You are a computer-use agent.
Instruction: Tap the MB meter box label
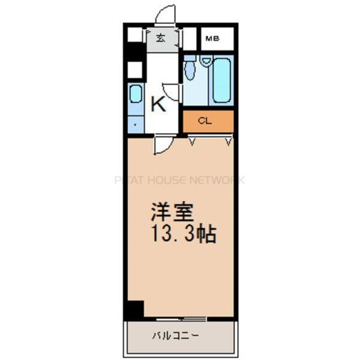[212, 39]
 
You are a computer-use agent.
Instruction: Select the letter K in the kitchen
[158, 105]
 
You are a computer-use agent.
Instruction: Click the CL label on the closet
[205, 121]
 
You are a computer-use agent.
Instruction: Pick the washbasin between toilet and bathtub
[206, 61]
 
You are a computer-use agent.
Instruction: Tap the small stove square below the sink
[135, 124]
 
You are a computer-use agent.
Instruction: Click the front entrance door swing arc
[166, 14]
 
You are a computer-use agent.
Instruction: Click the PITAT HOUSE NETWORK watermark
[180, 180]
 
